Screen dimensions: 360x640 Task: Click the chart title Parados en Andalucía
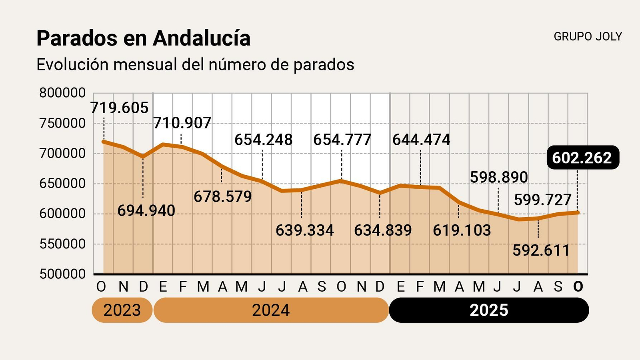(143, 39)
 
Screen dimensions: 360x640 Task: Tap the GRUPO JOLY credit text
(588, 36)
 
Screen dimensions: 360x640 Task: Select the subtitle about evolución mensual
(195, 65)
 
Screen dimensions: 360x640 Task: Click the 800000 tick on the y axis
(62, 93)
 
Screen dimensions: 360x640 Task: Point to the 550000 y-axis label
(62, 244)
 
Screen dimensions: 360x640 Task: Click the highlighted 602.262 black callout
(582, 158)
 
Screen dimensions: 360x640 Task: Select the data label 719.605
(119, 108)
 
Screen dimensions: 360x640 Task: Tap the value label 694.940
(146, 211)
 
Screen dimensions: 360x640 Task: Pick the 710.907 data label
(182, 123)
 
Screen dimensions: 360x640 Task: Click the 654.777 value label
(342, 140)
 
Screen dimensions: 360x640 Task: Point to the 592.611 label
(541, 251)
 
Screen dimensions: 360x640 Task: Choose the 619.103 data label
(462, 230)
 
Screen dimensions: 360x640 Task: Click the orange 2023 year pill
(122, 310)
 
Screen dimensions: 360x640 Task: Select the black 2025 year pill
(488, 310)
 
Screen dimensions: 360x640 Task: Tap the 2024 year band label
(271, 310)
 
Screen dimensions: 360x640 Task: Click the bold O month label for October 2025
(578, 286)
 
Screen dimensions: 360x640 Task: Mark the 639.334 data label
(304, 230)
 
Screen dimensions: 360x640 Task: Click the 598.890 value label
(499, 177)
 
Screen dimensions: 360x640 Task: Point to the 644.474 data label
(421, 140)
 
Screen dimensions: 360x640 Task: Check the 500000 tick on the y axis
(62, 274)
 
